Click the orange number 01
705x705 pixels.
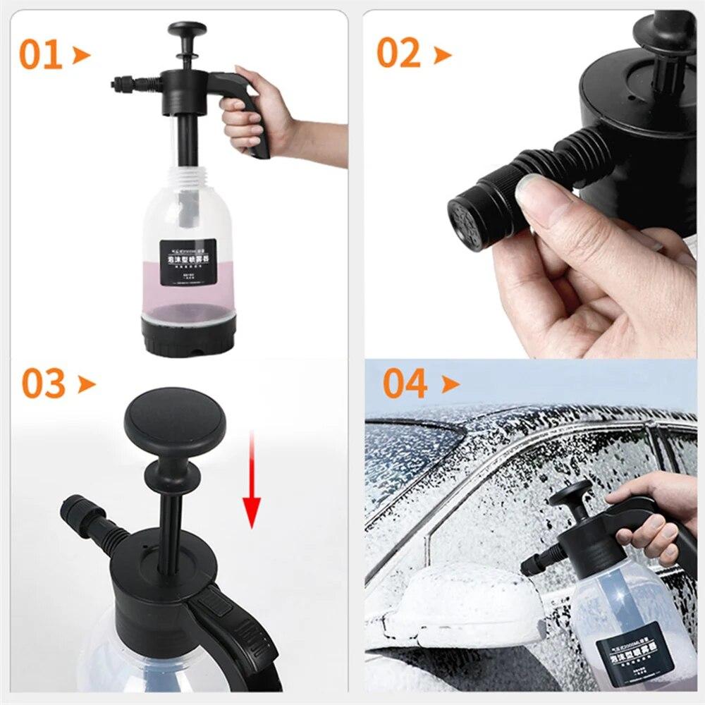41,55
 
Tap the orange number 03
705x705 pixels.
43,384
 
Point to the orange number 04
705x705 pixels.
405,384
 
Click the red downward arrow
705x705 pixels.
252,487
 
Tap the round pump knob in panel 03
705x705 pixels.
174,424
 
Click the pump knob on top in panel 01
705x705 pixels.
187,32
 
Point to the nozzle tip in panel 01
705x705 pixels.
116,86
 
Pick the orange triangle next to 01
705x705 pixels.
82,55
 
